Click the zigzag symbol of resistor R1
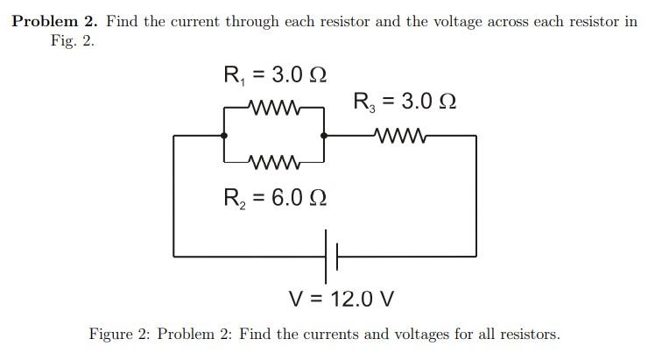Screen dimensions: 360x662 click(275, 109)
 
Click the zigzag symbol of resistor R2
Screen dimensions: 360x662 click(275, 162)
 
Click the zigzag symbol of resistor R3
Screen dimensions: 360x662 click(399, 136)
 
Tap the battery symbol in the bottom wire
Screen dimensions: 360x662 click(331, 256)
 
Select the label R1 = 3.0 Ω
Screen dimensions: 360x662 click(276, 74)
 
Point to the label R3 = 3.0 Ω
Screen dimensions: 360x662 click(405, 101)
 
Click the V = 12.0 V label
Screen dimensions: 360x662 click(342, 299)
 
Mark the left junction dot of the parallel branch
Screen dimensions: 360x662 click(225, 136)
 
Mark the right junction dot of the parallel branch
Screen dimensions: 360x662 click(325, 136)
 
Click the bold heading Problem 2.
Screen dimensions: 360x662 click(53, 21)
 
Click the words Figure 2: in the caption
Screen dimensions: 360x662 click(121, 334)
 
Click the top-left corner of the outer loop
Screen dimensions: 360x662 click(173, 136)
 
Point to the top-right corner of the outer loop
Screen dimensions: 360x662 click(476, 136)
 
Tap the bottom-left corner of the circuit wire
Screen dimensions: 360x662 click(173, 256)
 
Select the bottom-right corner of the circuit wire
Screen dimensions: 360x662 click(476, 256)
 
